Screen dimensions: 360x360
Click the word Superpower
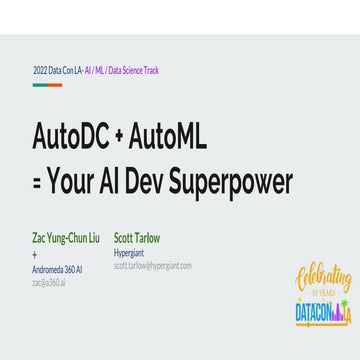[229, 183]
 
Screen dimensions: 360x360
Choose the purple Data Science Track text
[141, 71]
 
